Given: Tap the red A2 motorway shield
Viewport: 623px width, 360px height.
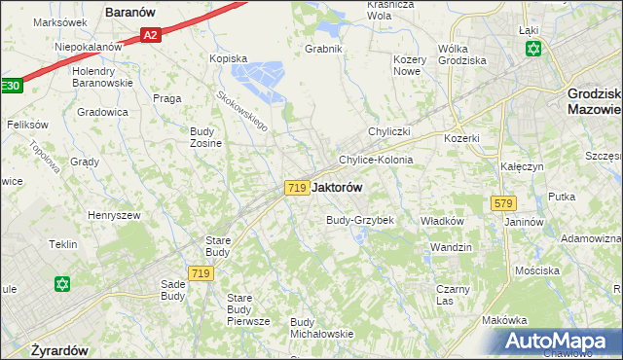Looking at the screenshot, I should tap(149, 36).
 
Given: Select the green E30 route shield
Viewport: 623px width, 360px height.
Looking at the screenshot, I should tap(10, 86).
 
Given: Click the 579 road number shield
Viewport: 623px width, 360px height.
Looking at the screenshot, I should tap(503, 203).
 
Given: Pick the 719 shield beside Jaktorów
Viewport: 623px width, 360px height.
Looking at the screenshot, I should tap(298, 187).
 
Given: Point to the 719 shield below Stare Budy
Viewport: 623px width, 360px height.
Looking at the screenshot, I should tap(202, 274).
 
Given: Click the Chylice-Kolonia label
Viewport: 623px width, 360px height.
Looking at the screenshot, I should tap(376, 160).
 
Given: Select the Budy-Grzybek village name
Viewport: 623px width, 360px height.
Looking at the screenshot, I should tap(360, 220).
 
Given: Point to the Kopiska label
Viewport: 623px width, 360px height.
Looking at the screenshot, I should tap(229, 58).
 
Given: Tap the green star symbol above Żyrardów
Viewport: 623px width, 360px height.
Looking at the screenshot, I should tap(62, 284).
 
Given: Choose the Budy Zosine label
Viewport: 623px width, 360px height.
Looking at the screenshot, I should tap(205, 136).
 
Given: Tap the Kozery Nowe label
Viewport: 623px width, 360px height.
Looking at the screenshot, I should tap(409, 65).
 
